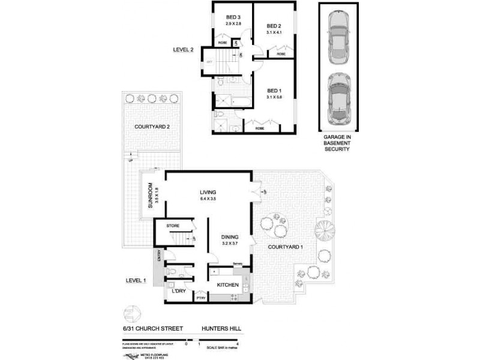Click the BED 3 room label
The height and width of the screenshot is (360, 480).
[233, 16]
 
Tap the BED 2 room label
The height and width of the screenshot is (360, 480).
[274, 26]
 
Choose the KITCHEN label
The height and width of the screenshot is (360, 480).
[228, 284]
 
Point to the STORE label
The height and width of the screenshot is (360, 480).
[173, 226]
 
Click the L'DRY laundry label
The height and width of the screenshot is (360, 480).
[178, 291]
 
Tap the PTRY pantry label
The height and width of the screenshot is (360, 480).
[200, 297]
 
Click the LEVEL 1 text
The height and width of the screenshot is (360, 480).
[136, 280]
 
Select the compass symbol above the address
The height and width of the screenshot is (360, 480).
[132, 314]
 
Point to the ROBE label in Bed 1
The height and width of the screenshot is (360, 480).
[260, 128]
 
